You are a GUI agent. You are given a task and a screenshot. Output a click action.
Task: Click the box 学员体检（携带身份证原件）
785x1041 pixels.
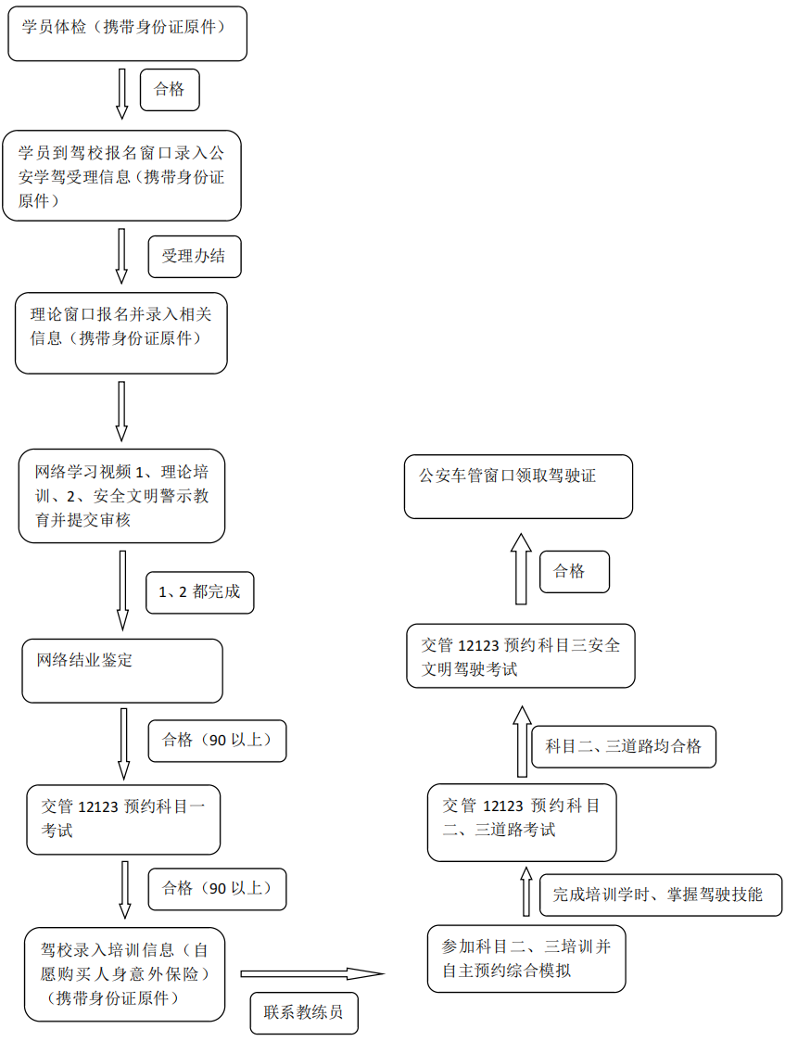[x=128, y=34]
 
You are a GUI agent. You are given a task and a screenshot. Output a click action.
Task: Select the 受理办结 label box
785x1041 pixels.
[x=194, y=257]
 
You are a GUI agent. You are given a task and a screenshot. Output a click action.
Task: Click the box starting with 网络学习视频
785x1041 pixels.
[x=121, y=496]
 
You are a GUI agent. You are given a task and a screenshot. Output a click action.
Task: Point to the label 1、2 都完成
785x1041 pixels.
[x=199, y=591]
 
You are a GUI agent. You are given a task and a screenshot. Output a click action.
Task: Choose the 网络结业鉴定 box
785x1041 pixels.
[x=122, y=670]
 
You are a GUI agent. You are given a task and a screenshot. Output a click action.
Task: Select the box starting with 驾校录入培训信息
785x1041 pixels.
[x=125, y=973]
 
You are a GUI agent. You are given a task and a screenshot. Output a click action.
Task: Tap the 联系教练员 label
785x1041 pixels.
[x=303, y=1012]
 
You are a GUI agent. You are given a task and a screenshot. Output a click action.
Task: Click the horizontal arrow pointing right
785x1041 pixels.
[x=311, y=973]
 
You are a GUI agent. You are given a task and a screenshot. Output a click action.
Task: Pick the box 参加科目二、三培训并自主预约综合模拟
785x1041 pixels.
[x=525, y=958]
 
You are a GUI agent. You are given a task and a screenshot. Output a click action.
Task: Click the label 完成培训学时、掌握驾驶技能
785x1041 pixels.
[x=660, y=895]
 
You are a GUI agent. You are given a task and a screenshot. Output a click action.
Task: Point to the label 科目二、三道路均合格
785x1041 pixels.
[x=624, y=746]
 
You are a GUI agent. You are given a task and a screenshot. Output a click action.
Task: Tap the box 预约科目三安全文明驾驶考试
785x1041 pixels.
[x=521, y=656]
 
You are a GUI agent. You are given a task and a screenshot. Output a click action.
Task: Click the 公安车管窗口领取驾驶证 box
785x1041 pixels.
[x=518, y=486]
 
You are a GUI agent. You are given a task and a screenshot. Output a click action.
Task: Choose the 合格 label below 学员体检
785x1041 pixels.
[x=170, y=89]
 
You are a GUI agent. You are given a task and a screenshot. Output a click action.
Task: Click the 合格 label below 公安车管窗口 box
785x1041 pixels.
[x=575, y=571]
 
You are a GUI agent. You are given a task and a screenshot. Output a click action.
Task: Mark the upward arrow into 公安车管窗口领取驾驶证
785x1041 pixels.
[x=521, y=570]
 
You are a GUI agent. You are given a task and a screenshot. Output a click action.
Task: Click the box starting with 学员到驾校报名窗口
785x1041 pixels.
[x=121, y=175]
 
